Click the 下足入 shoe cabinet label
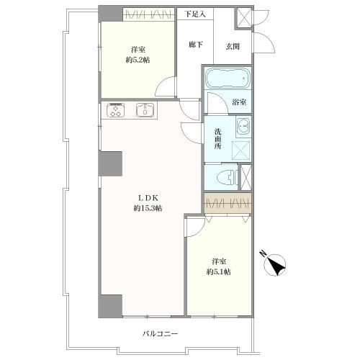195,14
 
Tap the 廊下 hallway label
196,45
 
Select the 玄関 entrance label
233,46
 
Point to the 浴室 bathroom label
239,102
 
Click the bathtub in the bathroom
228,78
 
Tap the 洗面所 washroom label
218,139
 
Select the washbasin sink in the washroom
243,127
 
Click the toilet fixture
227,178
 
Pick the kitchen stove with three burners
116,110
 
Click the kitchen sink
145,110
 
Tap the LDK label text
148,198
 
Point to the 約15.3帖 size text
148,208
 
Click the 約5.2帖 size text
138,60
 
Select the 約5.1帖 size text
219,271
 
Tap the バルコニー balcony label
160,334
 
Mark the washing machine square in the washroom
241,150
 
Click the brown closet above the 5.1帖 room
228,203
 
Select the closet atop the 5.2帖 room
148,15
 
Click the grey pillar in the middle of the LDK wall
111,163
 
